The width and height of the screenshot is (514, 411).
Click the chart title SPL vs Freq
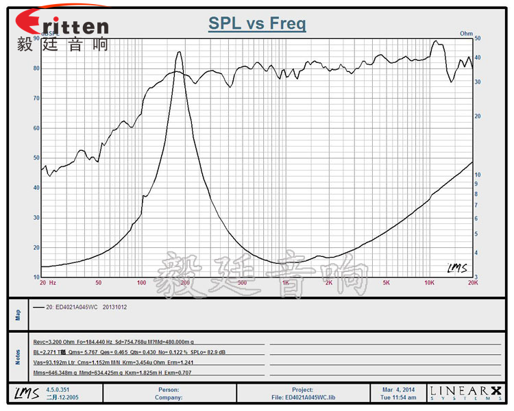pos(257,24)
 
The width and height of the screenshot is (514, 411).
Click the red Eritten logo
pos(62,26)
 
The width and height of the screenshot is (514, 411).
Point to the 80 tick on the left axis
pos(36,68)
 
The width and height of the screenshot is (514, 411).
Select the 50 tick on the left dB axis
pos(36,158)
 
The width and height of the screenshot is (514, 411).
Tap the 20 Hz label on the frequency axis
pos(47,282)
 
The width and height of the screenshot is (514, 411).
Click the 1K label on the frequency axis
pos(285,282)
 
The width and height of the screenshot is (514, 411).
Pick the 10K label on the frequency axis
pos(429,282)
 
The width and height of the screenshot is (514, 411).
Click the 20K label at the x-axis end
pos(472,282)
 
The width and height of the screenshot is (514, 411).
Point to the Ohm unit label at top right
pos(466,33)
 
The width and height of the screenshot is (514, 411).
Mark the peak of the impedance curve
pos(180,52)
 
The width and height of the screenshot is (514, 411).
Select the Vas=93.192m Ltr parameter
pos(56,362)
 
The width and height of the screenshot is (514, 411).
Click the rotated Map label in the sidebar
pos(18,315)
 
